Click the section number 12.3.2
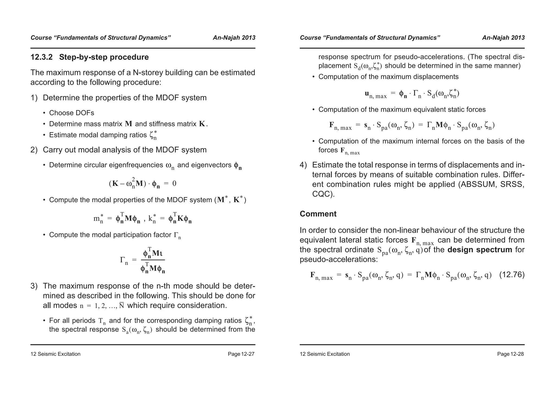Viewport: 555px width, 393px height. pyautogui.click(x=41, y=57)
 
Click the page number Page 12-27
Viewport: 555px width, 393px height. pyautogui.click(x=241, y=354)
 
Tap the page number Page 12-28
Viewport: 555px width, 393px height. pyautogui.click(x=510, y=354)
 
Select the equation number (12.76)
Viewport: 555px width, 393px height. pyautogui.click(x=512, y=275)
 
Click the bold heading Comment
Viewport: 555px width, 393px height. pyautogui.click(x=318, y=214)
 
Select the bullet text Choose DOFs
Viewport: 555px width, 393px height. pyautogui.click(x=72, y=113)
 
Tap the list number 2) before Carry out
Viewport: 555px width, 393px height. pyautogui.click(x=34, y=150)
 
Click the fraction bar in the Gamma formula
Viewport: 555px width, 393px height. pyautogui.click(x=153, y=260)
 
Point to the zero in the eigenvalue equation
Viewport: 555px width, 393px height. pyautogui.click(x=174, y=183)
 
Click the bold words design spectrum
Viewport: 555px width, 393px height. pyautogui.click(x=480, y=250)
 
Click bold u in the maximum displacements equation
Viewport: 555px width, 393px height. pyautogui.click(x=367, y=94)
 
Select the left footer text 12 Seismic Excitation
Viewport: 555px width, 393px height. pyautogui.click(x=55, y=354)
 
